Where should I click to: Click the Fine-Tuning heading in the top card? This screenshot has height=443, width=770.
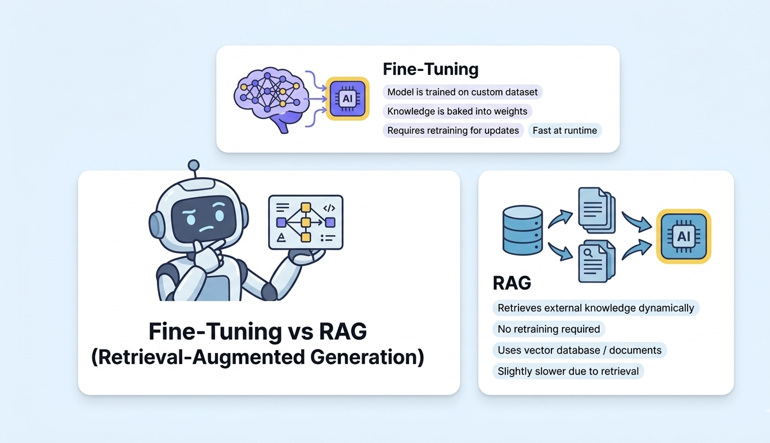pyautogui.click(x=430, y=69)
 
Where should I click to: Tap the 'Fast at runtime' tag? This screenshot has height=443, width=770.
pyautogui.click(x=564, y=130)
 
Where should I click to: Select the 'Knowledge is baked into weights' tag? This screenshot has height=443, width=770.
pyautogui.click(x=457, y=111)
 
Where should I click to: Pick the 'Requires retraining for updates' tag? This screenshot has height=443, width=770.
pyautogui.click(x=453, y=130)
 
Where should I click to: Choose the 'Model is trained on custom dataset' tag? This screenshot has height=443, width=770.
pyautogui.click(x=462, y=92)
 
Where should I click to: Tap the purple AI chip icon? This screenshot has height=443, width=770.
pyautogui.click(x=347, y=98)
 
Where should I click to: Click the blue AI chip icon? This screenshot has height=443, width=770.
pyautogui.click(x=683, y=235)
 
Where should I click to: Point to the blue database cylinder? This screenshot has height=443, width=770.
pyautogui.click(x=523, y=230)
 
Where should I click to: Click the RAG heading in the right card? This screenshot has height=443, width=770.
pyautogui.click(x=512, y=283)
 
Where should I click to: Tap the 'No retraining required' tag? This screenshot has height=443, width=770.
pyautogui.click(x=549, y=329)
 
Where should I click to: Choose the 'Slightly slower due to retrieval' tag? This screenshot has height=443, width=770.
pyautogui.click(x=568, y=371)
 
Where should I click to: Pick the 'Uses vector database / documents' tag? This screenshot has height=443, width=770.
pyautogui.click(x=579, y=350)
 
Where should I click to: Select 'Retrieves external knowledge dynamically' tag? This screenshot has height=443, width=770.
pyautogui.click(x=595, y=308)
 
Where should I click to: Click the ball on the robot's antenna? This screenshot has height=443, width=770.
pyautogui.click(x=194, y=166)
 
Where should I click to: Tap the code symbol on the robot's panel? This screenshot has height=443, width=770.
pyautogui.click(x=329, y=208)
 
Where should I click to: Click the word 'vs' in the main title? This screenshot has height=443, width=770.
pyautogui.click(x=296, y=332)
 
